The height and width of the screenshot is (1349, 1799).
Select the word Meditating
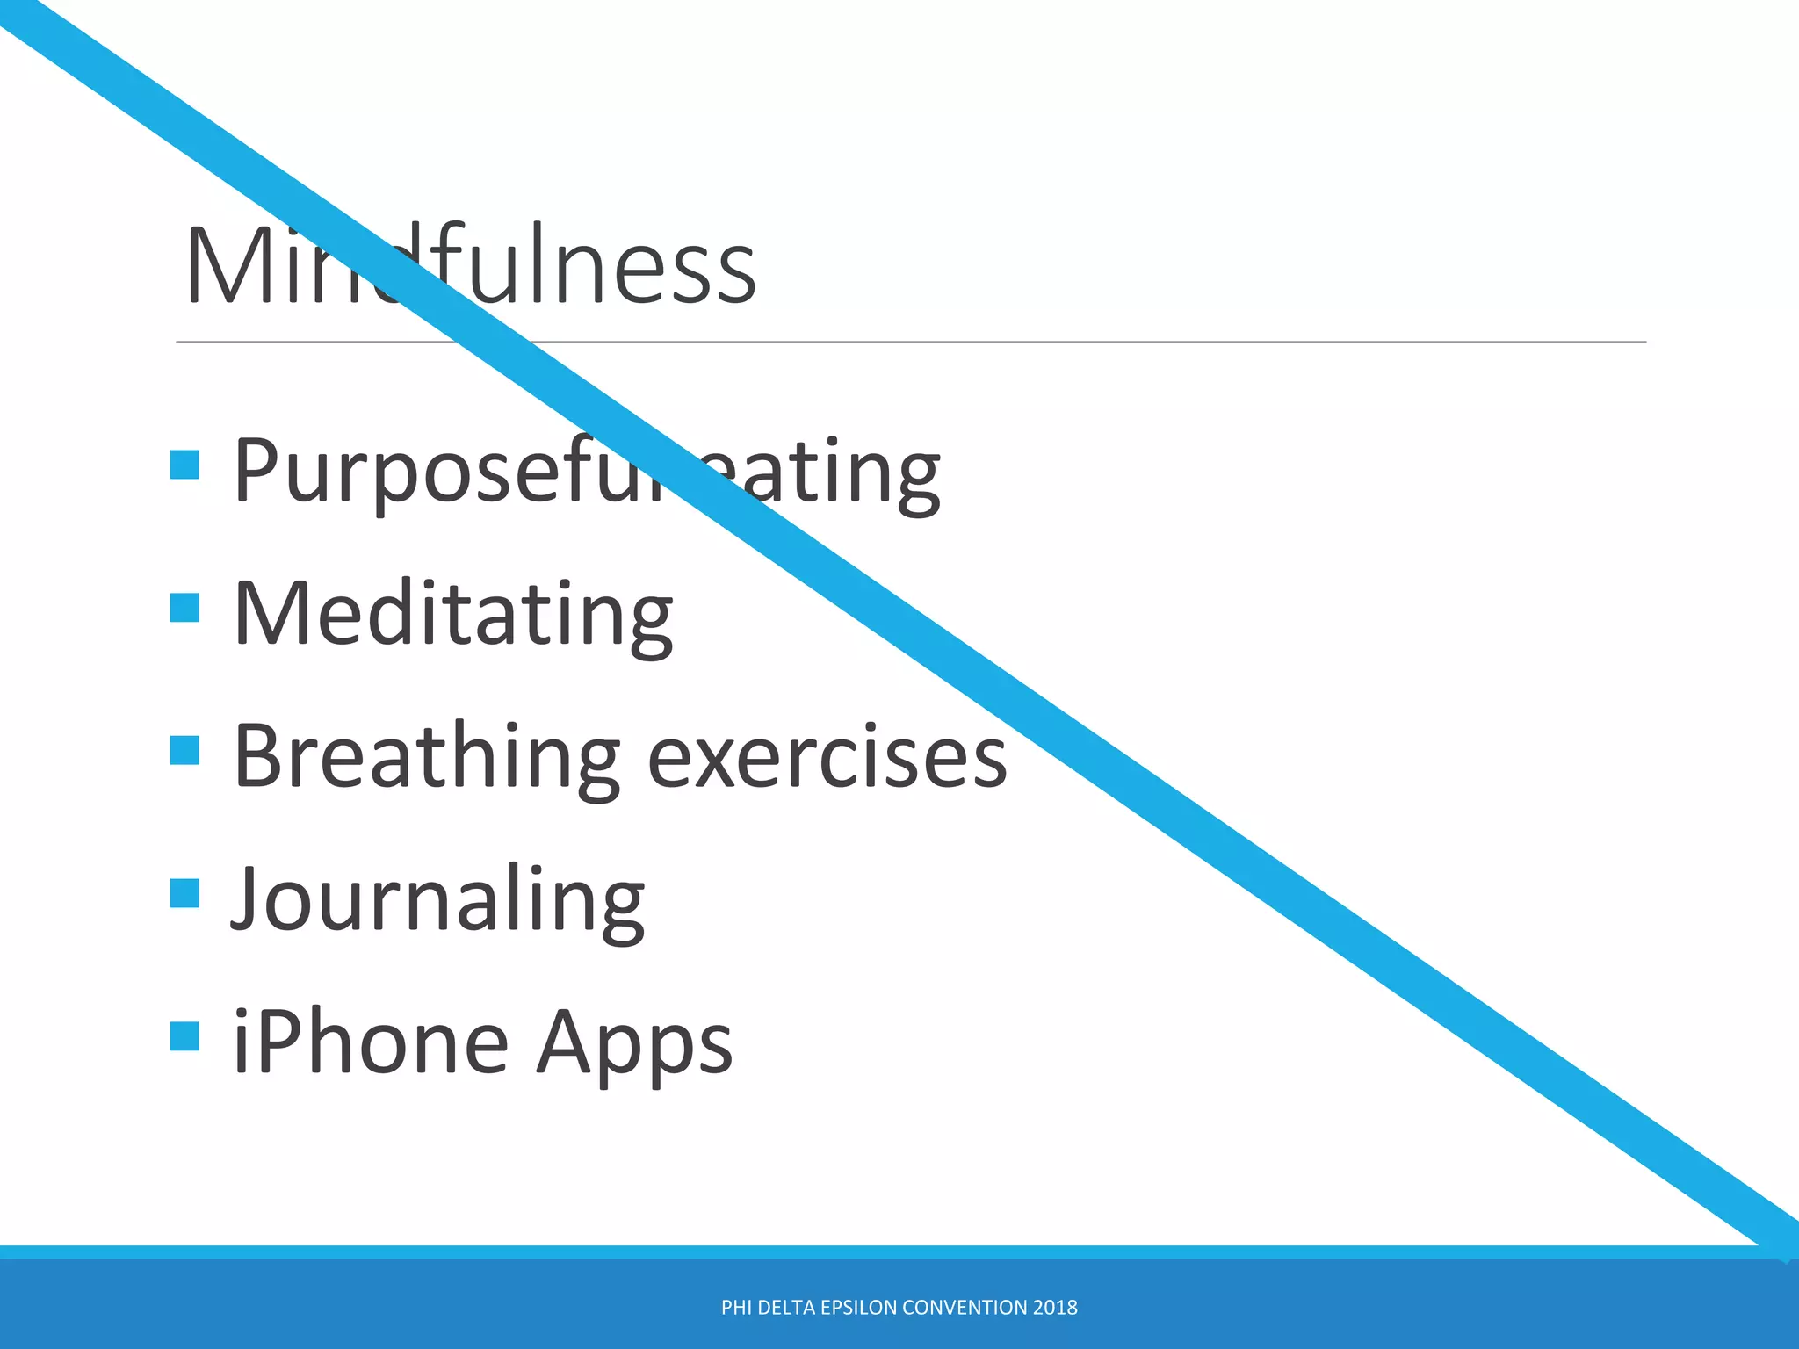453,614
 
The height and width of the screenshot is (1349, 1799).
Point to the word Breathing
427,756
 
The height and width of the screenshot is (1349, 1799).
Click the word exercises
827,758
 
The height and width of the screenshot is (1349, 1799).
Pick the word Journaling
437,899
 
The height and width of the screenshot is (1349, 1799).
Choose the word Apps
634,1044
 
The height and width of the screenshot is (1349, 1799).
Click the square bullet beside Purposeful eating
184,464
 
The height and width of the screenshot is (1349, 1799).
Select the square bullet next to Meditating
184,607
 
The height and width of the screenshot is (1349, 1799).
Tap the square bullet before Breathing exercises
184,750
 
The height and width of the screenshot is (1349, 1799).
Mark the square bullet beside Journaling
184,893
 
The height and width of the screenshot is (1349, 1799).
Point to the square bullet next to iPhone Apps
184,1036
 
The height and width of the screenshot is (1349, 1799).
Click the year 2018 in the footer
1055,1308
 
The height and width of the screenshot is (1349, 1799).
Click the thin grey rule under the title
1054,342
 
